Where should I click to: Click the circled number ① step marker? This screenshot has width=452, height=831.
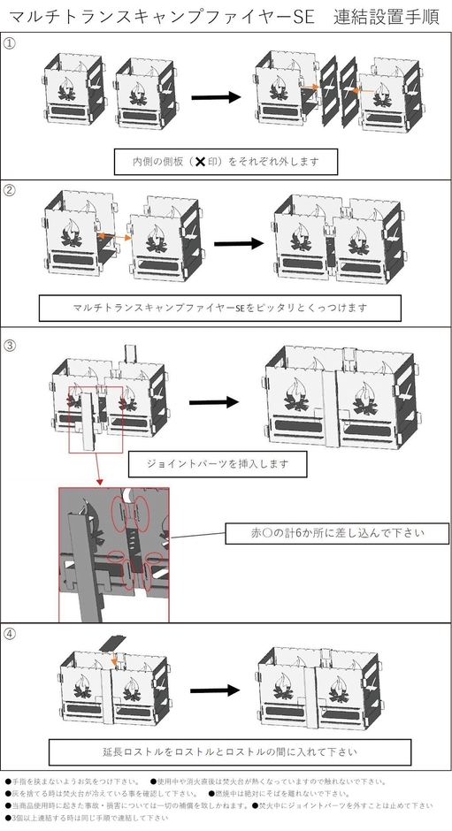tap(10, 44)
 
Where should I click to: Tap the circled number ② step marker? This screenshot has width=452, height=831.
tap(10, 190)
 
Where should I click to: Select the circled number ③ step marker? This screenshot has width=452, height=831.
tap(10, 344)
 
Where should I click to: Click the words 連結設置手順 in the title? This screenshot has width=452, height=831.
tap(388, 17)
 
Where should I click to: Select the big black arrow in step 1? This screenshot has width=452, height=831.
tap(214, 96)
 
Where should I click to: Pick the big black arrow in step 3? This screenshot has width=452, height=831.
tap(214, 402)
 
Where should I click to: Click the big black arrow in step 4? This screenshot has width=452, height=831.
tap(214, 690)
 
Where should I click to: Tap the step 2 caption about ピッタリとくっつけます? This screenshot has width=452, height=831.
tap(220, 308)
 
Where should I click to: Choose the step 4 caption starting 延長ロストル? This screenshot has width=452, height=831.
tap(230, 752)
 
